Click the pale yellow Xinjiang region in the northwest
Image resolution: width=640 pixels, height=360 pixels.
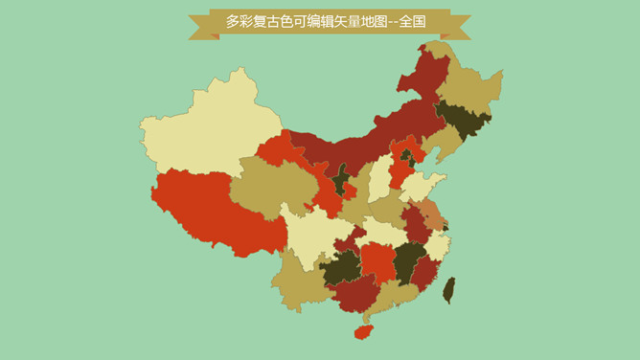coord(211,129)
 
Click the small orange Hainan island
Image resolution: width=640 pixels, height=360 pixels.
coord(363,331)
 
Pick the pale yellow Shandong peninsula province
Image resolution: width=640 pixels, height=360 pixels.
coord(422,187)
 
